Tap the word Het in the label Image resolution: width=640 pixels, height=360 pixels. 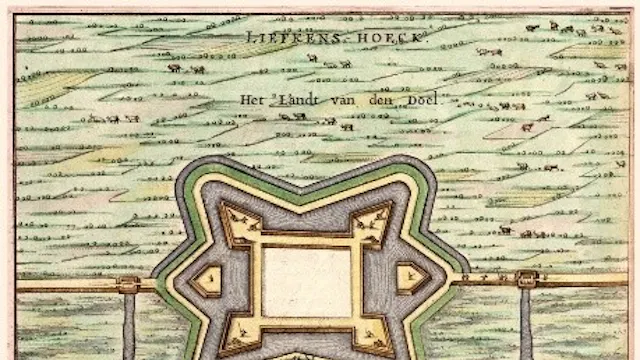point(249,100)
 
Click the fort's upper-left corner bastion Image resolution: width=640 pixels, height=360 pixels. point(237,222)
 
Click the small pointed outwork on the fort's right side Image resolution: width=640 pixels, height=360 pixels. point(408,279)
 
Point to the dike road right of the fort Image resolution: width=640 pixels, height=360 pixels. point(580,281)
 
